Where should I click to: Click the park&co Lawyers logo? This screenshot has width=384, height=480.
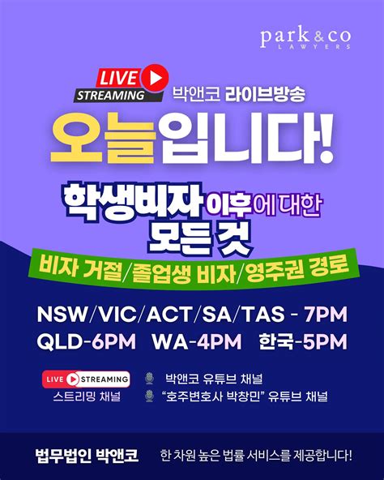306,38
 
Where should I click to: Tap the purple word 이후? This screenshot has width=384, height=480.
253,203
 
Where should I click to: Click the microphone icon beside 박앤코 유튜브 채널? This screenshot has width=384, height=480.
148,379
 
